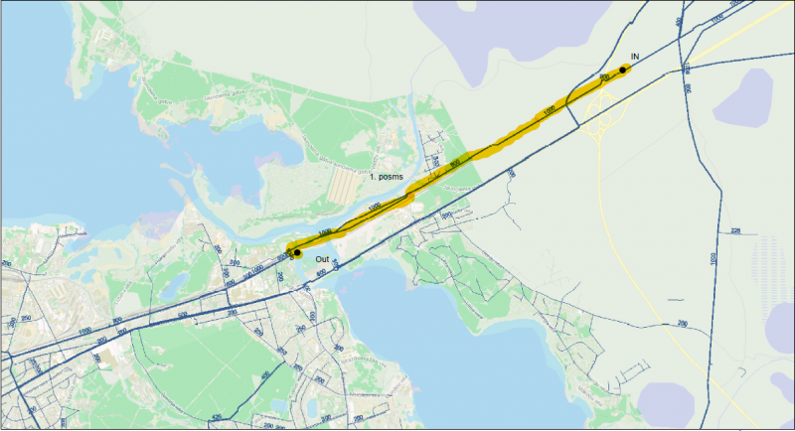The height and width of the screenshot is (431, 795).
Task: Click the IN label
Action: point(634,59)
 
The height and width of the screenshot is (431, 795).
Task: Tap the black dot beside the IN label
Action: point(623,70)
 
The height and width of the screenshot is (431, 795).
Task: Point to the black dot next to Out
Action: point(297,253)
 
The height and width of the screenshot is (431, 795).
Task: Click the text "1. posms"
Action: point(387,176)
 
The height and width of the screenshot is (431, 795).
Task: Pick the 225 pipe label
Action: point(736,231)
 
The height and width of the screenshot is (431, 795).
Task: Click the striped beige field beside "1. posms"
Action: point(343,183)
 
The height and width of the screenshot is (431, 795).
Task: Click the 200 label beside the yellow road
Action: point(683,324)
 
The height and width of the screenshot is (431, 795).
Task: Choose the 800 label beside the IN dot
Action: point(603,76)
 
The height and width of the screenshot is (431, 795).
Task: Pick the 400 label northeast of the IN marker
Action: point(680,20)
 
